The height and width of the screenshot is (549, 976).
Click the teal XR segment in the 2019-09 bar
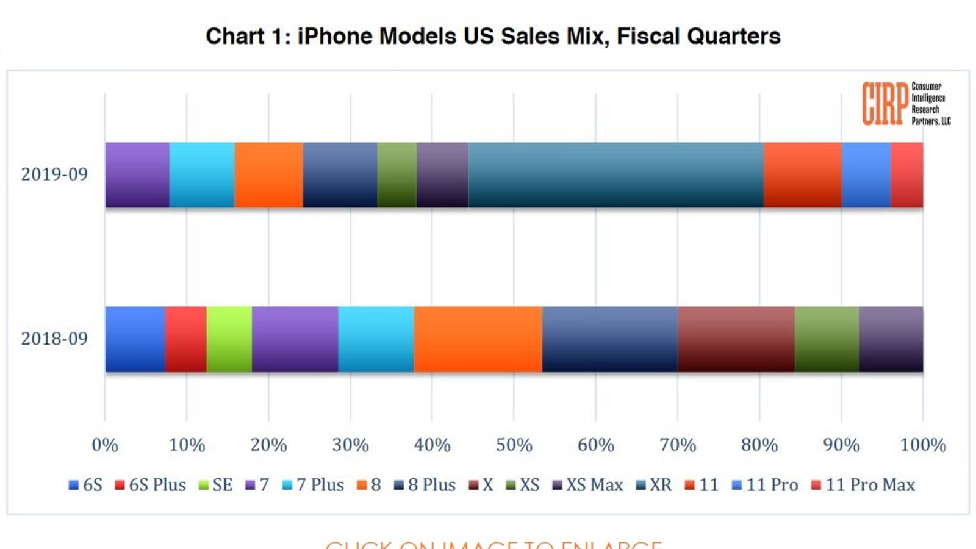615,175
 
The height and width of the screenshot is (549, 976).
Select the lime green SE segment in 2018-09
229,339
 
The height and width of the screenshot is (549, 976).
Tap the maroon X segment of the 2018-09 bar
736,339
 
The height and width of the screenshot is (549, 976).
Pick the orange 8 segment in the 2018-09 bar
478,339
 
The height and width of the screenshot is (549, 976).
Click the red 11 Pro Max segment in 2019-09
906,175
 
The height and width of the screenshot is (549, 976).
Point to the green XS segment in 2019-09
396,175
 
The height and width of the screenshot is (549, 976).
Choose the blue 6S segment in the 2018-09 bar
135,339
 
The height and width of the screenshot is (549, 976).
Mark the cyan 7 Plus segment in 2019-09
202,175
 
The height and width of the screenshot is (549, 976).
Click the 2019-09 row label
54,174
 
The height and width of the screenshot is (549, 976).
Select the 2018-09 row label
54,339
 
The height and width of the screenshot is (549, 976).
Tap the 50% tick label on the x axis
514,445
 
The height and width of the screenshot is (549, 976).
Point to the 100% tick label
923,445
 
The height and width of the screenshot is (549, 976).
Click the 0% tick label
105,445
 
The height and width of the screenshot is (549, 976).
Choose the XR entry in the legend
654,485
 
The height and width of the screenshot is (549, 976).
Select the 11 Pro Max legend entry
864,485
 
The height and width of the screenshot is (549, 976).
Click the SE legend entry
217,485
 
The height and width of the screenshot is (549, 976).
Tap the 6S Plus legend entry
151,485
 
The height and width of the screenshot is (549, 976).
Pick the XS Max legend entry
588,485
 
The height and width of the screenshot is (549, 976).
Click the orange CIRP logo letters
884,104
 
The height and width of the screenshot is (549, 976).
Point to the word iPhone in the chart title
334,36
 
